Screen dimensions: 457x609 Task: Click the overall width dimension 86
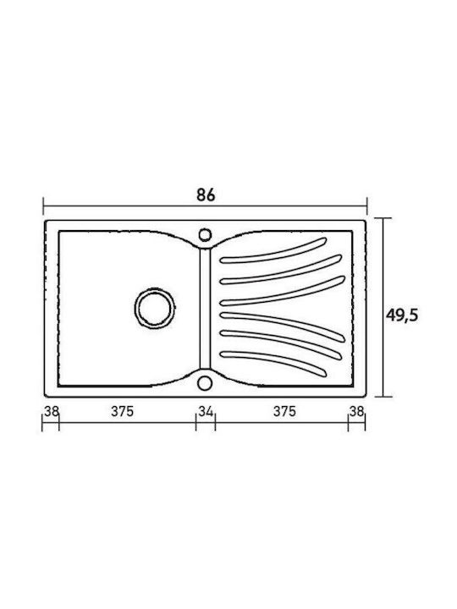[x=206, y=195]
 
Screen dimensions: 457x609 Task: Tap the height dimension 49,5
[x=402, y=315]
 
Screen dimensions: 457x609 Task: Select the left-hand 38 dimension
[x=51, y=411]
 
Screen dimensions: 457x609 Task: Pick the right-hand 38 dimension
[x=356, y=411]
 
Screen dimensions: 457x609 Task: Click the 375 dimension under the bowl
[x=123, y=411]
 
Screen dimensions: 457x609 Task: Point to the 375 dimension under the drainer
[x=284, y=411]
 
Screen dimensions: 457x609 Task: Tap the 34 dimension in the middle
[x=206, y=411]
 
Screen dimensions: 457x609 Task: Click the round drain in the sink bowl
[x=155, y=307]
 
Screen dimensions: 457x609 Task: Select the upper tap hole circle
[x=205, y=235]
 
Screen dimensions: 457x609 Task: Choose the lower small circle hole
[x=204, y=382]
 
